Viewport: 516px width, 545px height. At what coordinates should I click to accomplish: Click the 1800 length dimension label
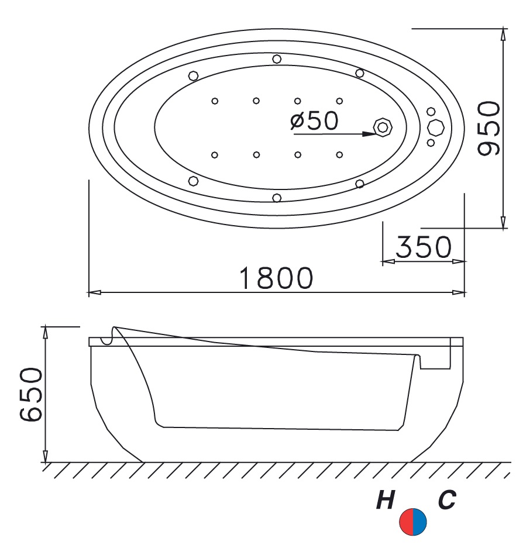pos(276,278)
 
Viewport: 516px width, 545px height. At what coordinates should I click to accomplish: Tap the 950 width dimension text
pos(489,128)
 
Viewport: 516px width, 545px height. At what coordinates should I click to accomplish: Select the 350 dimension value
pos(424,247)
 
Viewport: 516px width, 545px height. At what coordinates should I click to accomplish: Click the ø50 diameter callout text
pos(314,120)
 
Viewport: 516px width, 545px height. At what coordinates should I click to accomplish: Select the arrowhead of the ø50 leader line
pos(369,134)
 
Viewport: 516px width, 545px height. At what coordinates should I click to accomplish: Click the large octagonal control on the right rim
pos(435,127)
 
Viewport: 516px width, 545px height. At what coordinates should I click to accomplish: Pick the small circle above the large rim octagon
pos(431,112)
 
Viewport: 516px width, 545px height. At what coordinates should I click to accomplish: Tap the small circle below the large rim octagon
pos(431,143)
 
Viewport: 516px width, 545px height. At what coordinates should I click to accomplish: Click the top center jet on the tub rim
pos(277,58)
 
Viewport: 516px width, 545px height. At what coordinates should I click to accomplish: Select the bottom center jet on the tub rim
pos(277,198)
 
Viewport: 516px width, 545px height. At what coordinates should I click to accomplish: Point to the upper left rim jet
pos(193,75)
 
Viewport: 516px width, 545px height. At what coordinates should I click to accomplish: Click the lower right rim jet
pos(359,184)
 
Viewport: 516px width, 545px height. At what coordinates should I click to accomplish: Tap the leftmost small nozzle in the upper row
pos(215,101)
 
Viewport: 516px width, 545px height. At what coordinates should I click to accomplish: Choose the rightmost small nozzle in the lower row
pos(339,154)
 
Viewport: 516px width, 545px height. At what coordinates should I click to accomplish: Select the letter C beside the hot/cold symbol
pos(446,500)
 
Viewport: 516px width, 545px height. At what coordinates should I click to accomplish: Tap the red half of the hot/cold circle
pos(406,521)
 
